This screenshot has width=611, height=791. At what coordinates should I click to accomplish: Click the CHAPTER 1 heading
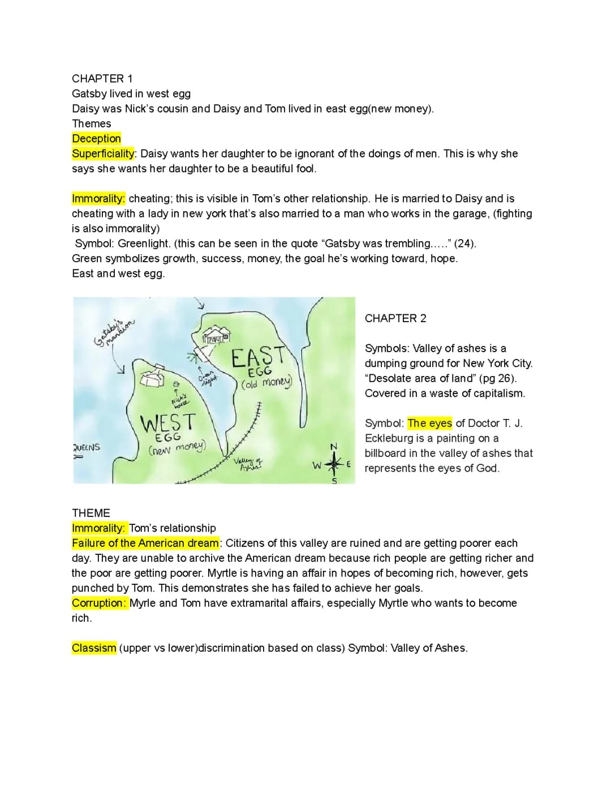coord(102,79)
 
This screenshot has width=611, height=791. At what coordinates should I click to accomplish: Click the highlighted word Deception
coord(96,139)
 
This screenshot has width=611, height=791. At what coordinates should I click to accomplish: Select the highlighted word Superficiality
coord(104,153)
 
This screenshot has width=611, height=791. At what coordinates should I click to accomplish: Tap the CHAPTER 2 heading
coord(395,318)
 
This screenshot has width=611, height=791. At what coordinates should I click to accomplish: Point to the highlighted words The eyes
coord(429,423)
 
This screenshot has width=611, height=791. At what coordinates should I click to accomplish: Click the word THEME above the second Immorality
coord(91,513)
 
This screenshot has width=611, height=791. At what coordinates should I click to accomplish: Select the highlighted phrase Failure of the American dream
coord(145,543)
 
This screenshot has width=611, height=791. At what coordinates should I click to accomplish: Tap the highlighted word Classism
coord(94,648)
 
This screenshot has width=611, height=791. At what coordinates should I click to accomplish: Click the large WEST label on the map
coord(167,422)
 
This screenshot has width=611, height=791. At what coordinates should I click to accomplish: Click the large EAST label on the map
coord(258,357)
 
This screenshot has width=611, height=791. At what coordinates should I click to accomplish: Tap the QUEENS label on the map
coord(87,447)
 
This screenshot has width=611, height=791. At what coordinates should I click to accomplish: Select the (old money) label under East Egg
coord(266,383)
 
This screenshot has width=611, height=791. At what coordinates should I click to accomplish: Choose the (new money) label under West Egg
coord(177,448)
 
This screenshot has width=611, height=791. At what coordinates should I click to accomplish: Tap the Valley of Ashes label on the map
coord(249,465)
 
